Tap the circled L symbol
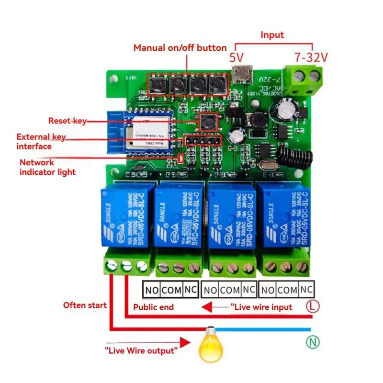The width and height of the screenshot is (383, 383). point(312,306)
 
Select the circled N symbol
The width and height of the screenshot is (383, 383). point(311,342)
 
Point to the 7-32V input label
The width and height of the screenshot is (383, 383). point(311,57)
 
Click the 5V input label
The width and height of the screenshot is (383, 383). point(236,58)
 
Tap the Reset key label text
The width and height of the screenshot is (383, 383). point(67,121)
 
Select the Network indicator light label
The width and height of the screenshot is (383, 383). point(47,167)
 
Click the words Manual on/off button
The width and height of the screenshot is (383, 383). point(180,47)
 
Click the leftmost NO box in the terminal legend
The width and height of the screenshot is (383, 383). point(151,290)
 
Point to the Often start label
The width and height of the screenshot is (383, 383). point(85,305)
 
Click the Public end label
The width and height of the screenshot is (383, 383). point(153,307)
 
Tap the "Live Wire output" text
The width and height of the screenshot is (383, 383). point(141,351)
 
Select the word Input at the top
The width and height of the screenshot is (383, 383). point(272,35)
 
